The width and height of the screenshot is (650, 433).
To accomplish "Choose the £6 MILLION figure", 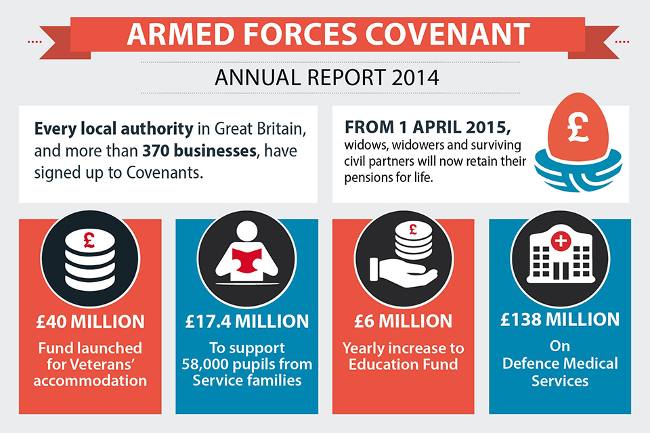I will [404, 321].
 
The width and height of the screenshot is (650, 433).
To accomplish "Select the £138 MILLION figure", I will [560, 320].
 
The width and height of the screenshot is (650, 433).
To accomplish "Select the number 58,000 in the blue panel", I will [208, 365].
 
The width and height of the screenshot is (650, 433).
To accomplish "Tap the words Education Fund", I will [403, 365].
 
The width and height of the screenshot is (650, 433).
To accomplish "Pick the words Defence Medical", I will [561, 363].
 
